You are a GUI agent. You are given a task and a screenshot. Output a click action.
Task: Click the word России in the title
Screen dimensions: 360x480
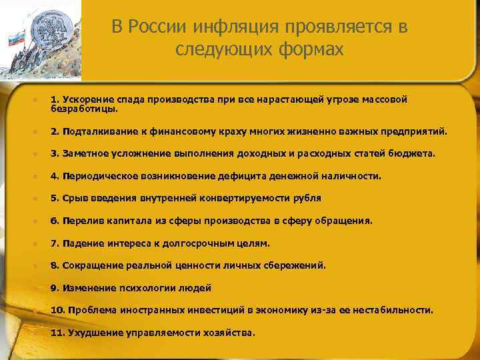pyautogui.click(x=159, y=27)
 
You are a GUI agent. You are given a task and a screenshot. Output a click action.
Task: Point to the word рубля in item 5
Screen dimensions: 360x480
pyautogui.click(x=309, y=198)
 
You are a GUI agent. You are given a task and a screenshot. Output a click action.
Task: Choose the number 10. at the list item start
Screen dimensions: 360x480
pyautogui.click(x=57, y=310)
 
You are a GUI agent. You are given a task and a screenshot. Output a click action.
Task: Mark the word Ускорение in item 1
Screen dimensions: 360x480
pyautogui.click(x=83, y=99)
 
